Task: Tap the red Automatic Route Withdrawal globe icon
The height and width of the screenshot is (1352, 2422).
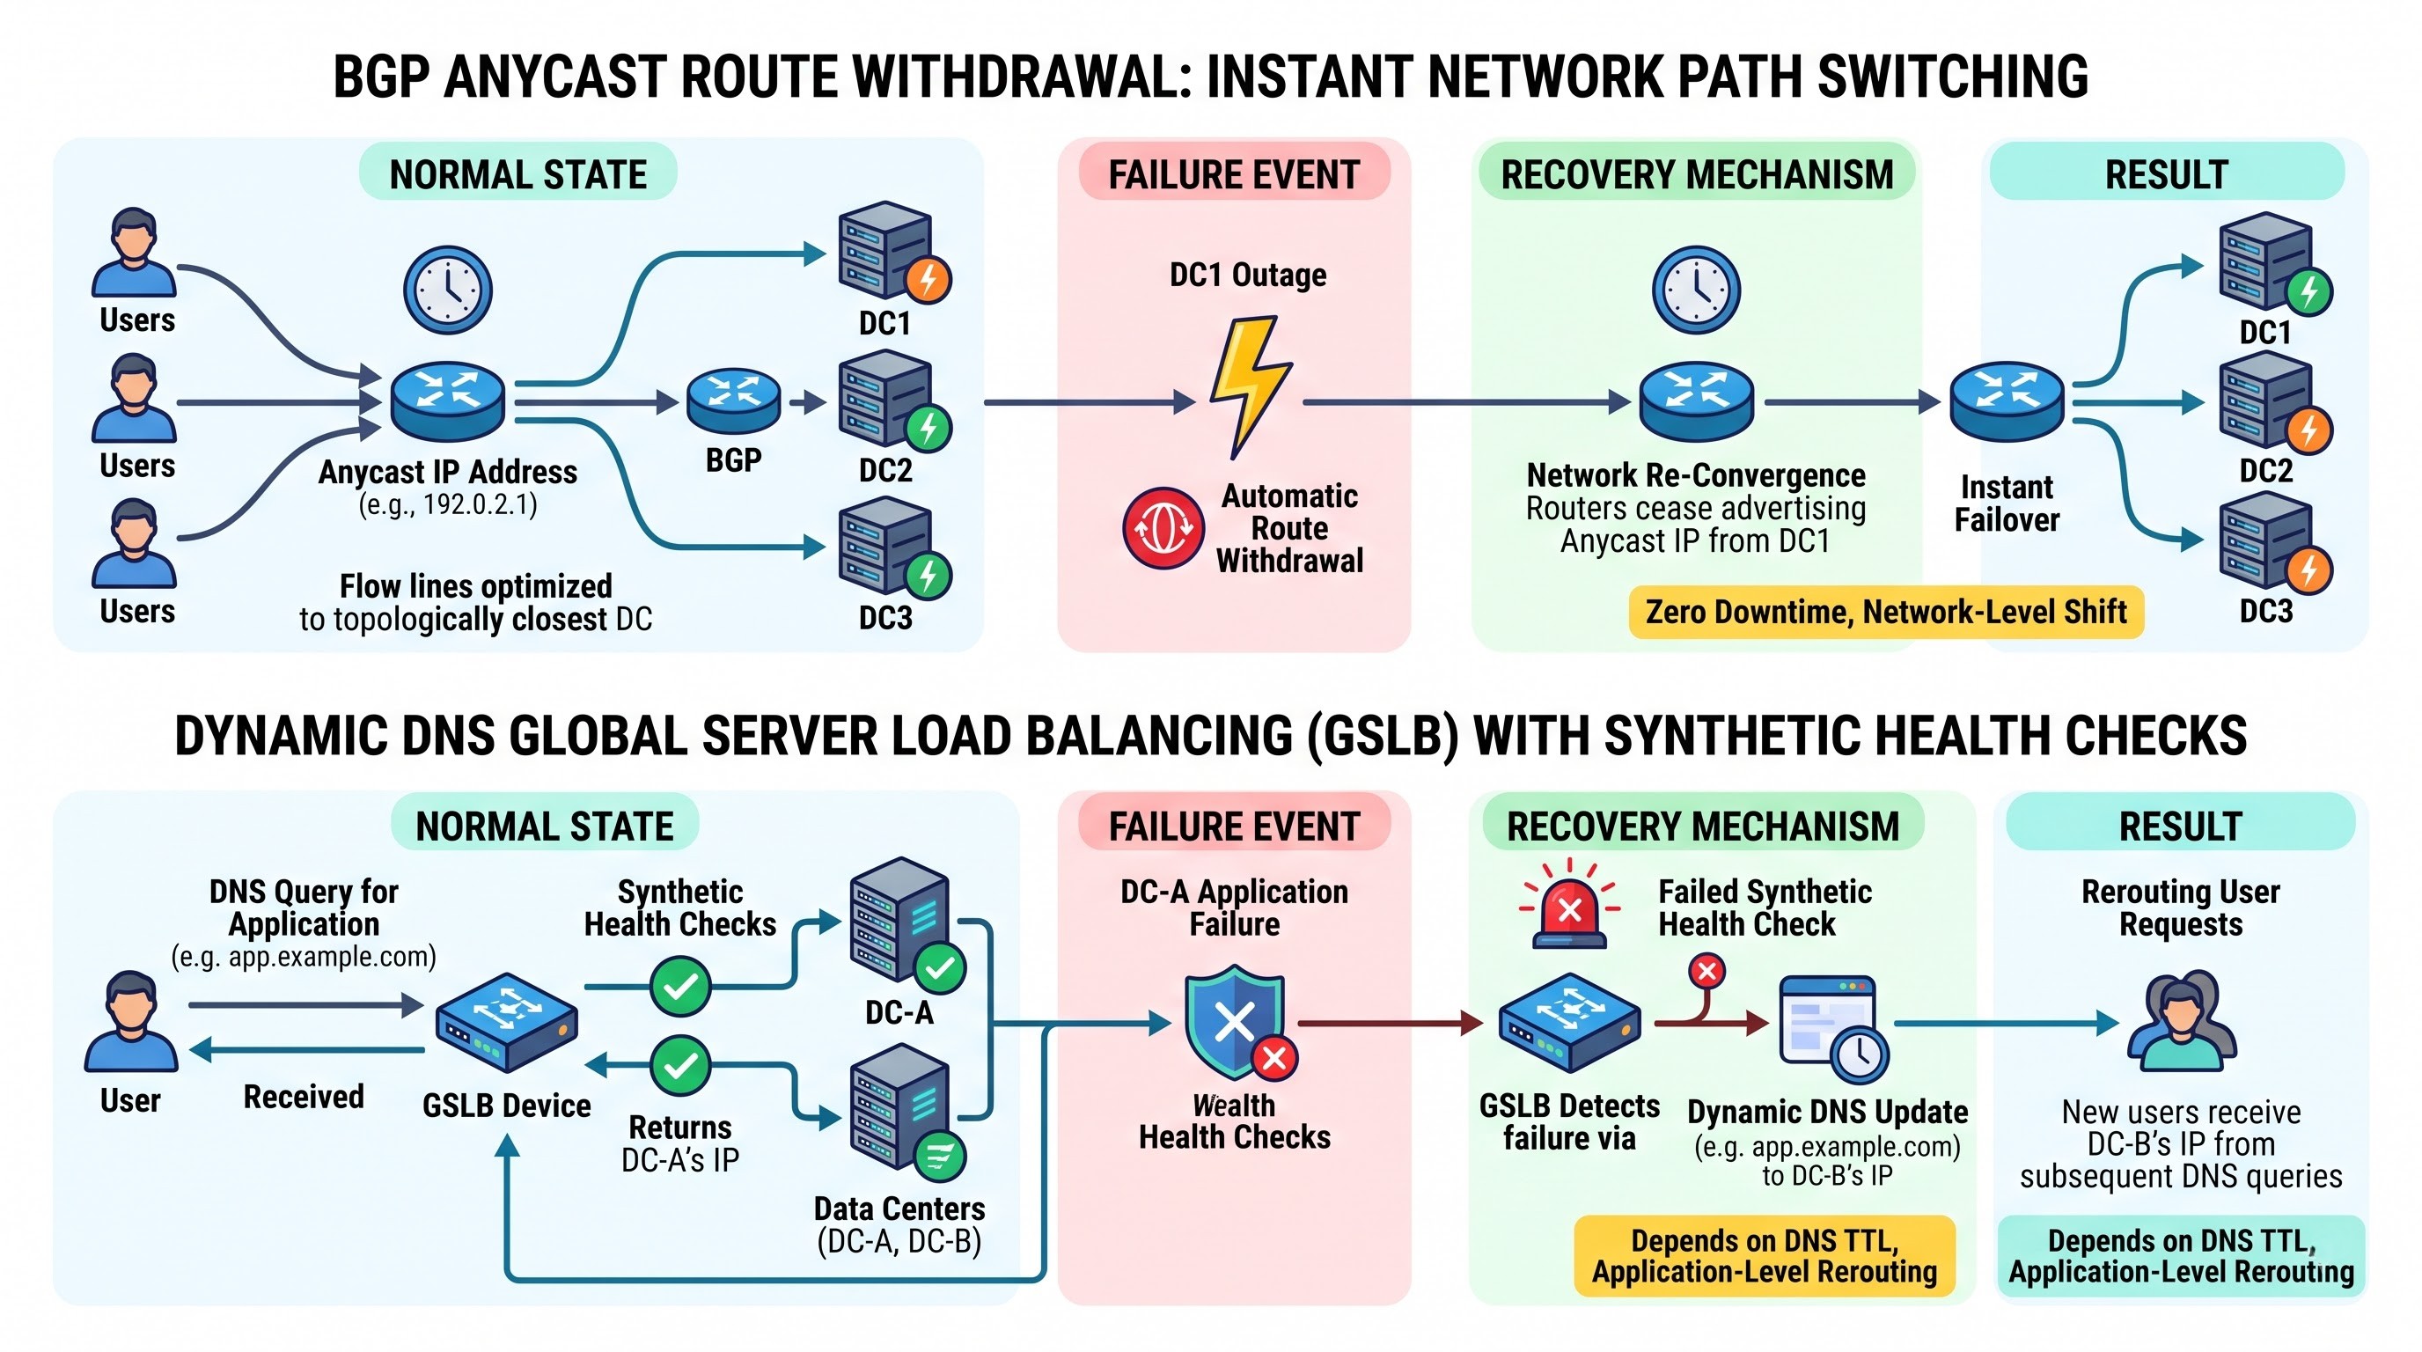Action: (1163, 527)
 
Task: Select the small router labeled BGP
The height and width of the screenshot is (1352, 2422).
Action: (733, 400)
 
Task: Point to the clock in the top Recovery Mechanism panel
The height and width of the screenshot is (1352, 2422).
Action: (1696, 290)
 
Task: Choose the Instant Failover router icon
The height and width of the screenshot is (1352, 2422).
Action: (2007, 401)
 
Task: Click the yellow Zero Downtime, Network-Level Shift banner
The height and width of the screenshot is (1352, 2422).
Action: (1886, 612)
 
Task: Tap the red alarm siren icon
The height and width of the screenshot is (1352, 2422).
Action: (1569, 902)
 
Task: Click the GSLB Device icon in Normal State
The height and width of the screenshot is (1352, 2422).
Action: (507, 1023)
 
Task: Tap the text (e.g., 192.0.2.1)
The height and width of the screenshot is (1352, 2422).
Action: (448, 505)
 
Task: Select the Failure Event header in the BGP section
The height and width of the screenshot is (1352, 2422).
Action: (1234, 174)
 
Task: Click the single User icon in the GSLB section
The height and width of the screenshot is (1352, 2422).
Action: (130, 1022)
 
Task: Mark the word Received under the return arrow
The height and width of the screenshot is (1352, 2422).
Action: (304, 1096)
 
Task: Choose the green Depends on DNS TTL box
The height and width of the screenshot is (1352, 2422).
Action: (2182, 1256)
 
